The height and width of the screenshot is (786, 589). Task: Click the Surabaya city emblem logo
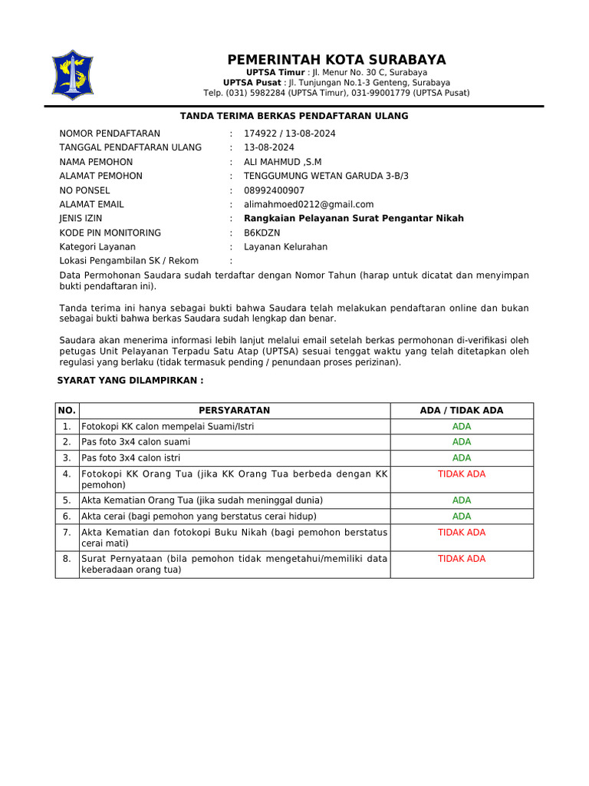[72, 75]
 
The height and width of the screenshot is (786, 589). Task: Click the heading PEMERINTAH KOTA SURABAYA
[336, 61]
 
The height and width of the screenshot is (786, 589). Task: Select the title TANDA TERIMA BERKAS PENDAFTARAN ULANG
[294, 116]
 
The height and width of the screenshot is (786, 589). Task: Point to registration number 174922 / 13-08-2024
[289, 134]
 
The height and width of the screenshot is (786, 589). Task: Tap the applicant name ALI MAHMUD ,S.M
[282, 162]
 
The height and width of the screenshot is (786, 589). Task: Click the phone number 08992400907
[274, 190]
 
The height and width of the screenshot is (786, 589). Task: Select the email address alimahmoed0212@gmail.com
[308, 204]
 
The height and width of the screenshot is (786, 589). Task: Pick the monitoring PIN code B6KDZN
[262, 233]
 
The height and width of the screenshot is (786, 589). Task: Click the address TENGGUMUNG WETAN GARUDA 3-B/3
[326, 176]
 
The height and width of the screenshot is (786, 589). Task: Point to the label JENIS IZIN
[81, 219]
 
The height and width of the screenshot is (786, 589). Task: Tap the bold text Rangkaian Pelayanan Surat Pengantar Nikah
[354, 219]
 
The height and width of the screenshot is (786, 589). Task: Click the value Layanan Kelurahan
[285, 247]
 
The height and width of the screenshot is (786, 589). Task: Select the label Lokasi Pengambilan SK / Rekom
[128, 261]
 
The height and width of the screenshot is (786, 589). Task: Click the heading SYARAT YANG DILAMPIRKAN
[131, 381]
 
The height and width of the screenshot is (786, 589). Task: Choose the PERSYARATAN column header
[234, 411]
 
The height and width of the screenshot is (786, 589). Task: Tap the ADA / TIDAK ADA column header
[462, 411]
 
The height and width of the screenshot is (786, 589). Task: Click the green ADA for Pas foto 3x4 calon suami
[462, 442]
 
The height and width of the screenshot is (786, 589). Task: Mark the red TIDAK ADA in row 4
[462, 474]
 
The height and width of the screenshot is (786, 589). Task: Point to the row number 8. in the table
[67, 559]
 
